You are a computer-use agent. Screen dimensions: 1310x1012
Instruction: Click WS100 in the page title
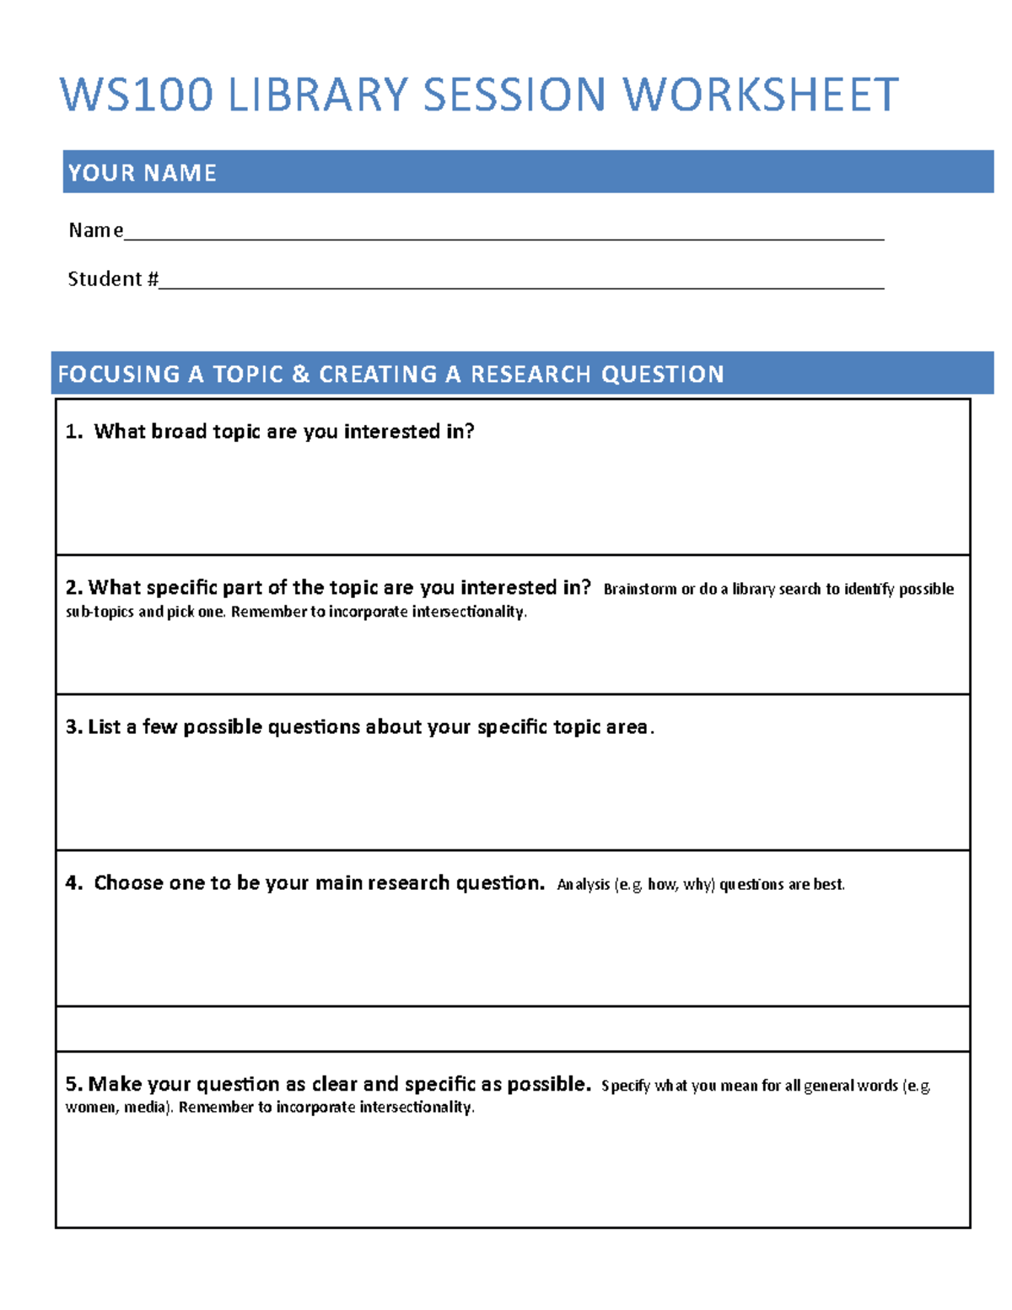136,94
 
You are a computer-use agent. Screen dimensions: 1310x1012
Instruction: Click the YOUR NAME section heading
142,173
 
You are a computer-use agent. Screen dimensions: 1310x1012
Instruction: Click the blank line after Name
503,236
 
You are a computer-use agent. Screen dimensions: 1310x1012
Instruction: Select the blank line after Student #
521,285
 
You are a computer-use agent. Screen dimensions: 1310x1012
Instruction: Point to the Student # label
112,279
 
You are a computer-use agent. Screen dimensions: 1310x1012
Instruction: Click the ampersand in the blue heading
300,374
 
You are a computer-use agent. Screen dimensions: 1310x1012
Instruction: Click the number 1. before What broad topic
74,432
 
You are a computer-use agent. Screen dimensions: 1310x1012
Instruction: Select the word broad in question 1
179,432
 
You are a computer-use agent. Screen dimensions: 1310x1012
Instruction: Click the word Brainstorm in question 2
639,589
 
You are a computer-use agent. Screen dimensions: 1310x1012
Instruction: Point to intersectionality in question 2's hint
468,612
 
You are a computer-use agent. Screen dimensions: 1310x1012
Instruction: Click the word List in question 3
105,727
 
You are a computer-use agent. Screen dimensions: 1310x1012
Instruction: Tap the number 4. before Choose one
74,883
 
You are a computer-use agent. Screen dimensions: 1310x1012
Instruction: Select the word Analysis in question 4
583,885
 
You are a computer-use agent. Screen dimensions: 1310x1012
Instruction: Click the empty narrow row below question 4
513,1028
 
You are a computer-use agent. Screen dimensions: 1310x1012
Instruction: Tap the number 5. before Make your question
74,1084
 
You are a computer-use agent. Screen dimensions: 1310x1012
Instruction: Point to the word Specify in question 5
625,1086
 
